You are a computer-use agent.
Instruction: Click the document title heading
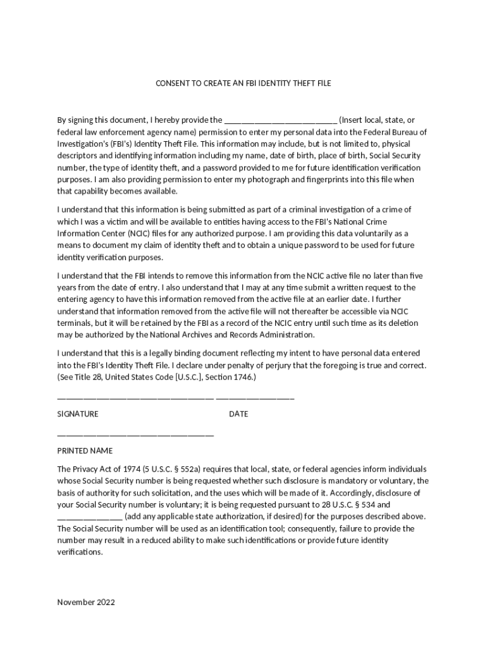pyautogui.click(x=244, y=83)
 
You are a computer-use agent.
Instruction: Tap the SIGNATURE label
pyautogui.click(x=78, y=414)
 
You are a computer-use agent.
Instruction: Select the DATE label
pyautogui.click(x=238, y=414)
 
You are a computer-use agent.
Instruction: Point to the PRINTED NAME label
pyautogui.click(x=85, y=451)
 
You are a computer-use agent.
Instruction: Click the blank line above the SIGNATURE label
pyautogui.click(x=135, y=398)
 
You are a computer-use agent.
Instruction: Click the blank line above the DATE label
pyautogui.click(x=255, y=398)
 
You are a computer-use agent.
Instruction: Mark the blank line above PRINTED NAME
pyautogui.click(x=135, y=435)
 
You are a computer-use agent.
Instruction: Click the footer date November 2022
pyautogui.click(x=86, y=602)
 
